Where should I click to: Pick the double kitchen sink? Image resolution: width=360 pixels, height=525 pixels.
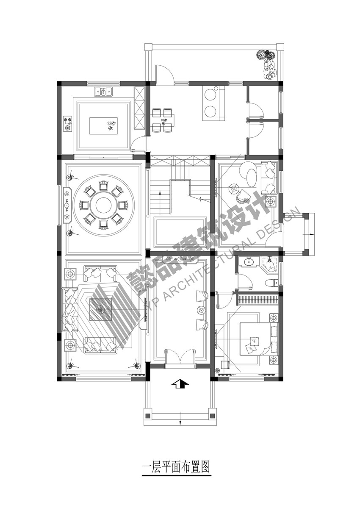(103, 92)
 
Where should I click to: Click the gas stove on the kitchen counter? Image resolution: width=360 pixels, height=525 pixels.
(68, 124)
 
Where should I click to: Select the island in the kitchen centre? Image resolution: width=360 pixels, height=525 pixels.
(103, 125)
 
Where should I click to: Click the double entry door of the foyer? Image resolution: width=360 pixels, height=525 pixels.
(180, 356)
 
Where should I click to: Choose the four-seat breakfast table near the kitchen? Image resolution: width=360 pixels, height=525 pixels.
(162, 120)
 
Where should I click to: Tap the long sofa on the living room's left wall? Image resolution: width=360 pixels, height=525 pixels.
(70, 310)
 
